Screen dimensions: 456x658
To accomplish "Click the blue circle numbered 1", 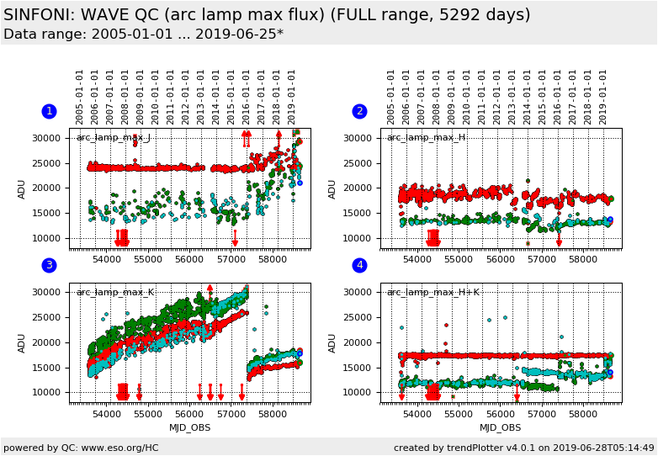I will pyautogui.click(x=49, y=111).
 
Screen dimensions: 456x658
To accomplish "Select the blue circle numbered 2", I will pyautogui.click(x=359, y=111).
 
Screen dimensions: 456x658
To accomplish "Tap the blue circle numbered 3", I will pyautogui.click(x=49, y=265).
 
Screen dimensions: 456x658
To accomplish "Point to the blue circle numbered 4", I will pyautogui.click(x=359, y=265).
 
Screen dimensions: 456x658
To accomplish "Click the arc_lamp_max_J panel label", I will pyautogui.click(x=114, y=137).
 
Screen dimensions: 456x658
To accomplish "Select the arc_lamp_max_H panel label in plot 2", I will pyautogui.click(x=426, y=137).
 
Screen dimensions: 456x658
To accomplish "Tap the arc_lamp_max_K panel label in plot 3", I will pyautogui.click(x=114, y=292).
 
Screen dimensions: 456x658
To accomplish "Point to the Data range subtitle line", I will pyautogui.click(x=143, y=34).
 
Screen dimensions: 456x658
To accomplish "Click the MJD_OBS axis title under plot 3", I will pyautogui.click(x=189, y=427).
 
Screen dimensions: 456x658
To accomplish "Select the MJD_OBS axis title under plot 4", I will pyautogui.click(x=500, y=427).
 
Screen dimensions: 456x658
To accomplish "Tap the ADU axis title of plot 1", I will pyautogui.click(x=22, y=188).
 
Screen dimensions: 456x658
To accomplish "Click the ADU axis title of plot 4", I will pyautogui.click(x=332, y=342).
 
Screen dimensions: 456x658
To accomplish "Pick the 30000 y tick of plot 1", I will pyautogui.click(x=46, y=138).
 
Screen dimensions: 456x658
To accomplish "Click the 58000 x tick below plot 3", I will pyautogui.click(x=272, y=415).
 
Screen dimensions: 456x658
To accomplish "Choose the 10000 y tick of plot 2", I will pyautogui.click(x=357, y=238).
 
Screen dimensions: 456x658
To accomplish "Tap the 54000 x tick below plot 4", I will pyautogui.click(x=418, y=415).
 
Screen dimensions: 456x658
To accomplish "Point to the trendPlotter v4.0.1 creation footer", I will pyautogui.click(x=523, y=448).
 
